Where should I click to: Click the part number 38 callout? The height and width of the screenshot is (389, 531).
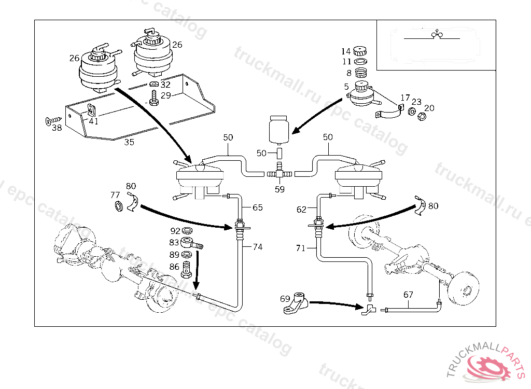click(56, 127)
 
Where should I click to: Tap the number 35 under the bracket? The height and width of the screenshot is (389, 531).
click(129, 142)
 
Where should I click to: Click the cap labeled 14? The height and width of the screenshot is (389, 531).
click(360, 51)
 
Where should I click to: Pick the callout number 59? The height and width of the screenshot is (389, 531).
click(280, 189)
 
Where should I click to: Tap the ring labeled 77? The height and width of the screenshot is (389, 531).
click(119, 207)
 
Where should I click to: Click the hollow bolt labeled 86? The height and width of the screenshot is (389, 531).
click(188, 269)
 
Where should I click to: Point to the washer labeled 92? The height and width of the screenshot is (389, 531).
click(188, 230)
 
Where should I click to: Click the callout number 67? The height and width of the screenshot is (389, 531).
click(408, 295)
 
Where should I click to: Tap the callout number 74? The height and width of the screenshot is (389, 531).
click(258, 247)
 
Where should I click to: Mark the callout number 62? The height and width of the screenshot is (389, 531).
click(301, 210)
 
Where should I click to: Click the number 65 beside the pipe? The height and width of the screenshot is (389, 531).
click(258, 207)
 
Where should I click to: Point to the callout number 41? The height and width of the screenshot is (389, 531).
click(93, 121)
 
